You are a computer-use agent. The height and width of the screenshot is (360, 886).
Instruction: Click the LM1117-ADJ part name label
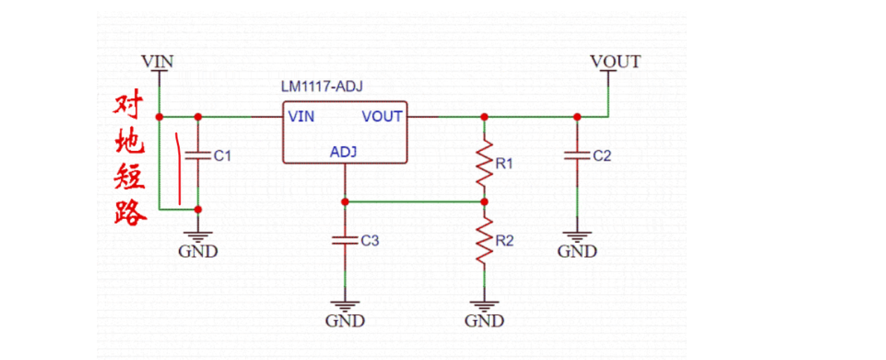[x=322, y=87]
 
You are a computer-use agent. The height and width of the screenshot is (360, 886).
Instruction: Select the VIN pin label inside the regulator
[x=301, y=116]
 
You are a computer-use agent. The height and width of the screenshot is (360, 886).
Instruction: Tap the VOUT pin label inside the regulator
[x=382, y=116]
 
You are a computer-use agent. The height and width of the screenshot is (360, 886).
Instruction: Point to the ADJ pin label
[x=344, y=152]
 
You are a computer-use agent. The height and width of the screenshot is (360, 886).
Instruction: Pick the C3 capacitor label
[x=370, y=241]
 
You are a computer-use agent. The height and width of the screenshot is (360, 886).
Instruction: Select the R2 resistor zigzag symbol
[x=484, y=241]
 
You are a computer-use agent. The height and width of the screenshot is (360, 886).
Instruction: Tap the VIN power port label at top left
[x=157, y=61]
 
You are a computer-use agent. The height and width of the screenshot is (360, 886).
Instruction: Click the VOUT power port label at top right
[x=615, y=61]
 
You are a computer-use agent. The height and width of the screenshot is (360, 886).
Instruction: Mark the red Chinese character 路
[x=131, y=211]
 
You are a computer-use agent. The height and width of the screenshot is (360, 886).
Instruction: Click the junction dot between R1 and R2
[x=484, y=202]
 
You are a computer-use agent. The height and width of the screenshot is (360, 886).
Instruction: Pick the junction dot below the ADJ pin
[x=345, y=202]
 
